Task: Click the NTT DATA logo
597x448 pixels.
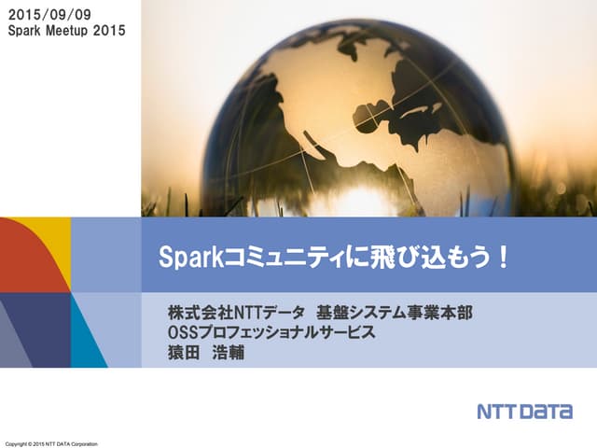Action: tap(524, 412)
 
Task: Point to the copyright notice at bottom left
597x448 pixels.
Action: tap(51, 441)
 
